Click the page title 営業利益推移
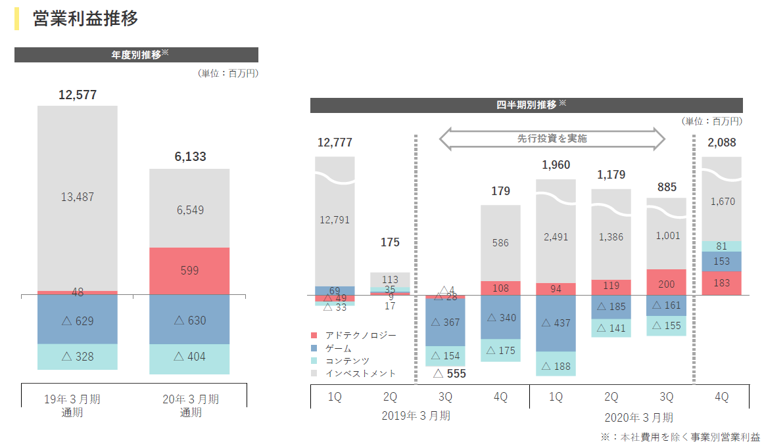pos(85,19)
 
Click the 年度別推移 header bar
pos(136,55)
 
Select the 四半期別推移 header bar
pos(526,105)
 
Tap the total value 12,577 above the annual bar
pos(78,95)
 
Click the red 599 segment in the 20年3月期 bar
pos(189,271)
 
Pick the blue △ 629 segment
pos(78,321)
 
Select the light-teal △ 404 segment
pos(189,357)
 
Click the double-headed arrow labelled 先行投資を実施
pos(552,139)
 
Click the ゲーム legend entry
pos(343,348)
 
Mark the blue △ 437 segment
pos(556,323)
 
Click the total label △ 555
pos(450,373)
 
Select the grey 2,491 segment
pos(556,237)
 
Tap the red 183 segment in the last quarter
pos(721,282)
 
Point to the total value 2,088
pos(722,143)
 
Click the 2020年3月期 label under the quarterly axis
pos(638,416)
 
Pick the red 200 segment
pos(666,284)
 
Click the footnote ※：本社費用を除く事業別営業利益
pos(680,437)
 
